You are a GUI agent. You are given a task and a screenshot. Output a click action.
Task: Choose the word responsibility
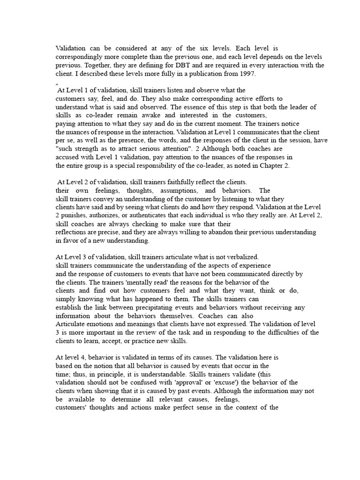coord(167,165)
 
